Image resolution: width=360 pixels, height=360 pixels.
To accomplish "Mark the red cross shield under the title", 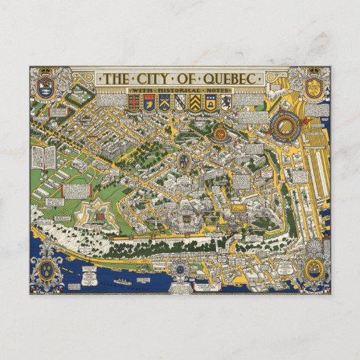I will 134,103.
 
